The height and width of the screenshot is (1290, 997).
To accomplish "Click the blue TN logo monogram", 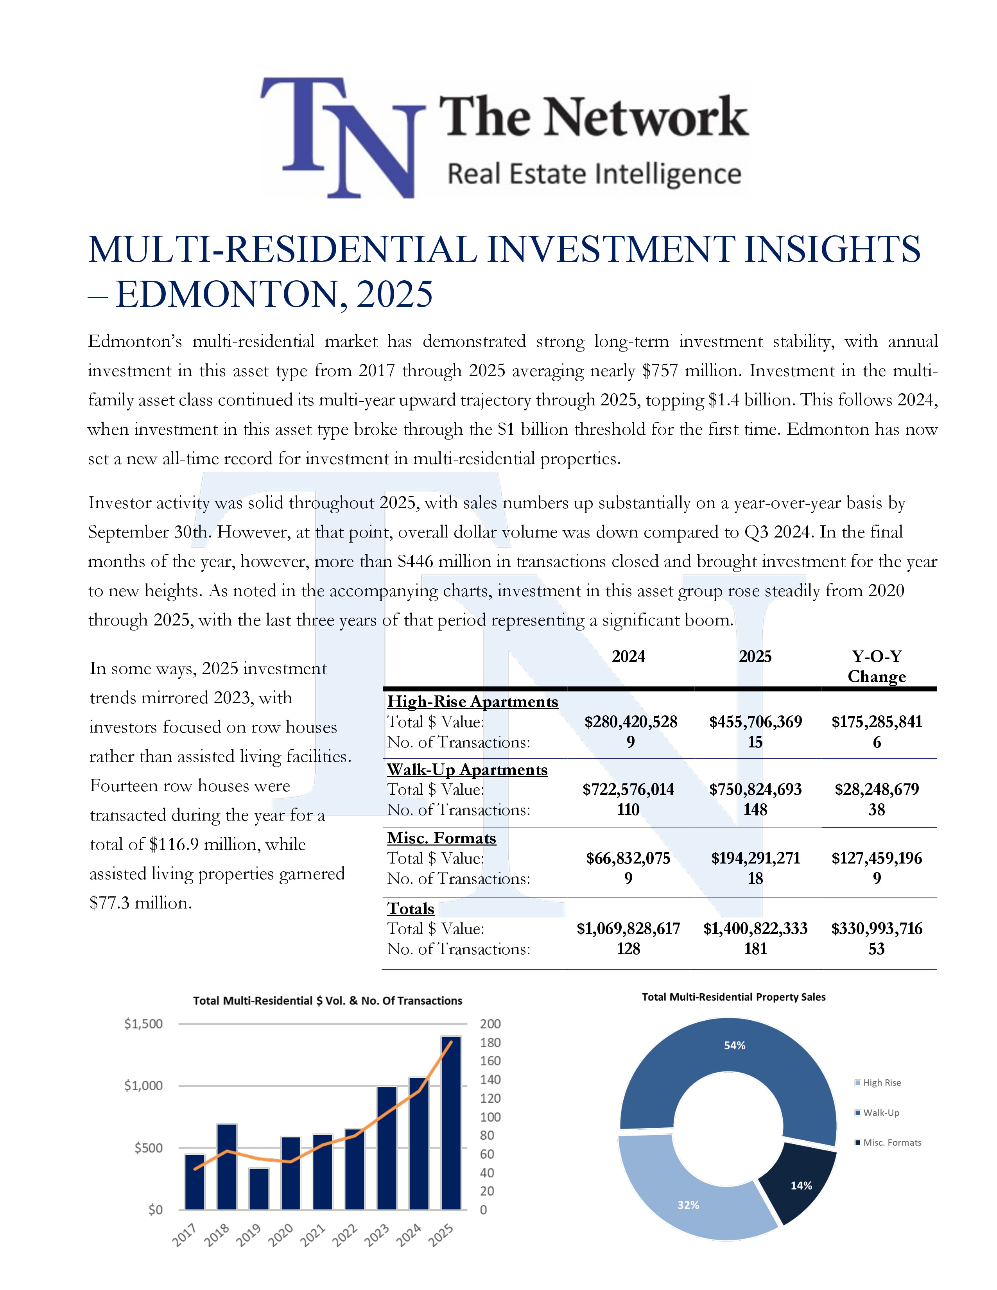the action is point(342,138).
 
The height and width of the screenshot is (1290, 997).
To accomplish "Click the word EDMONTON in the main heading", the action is point(231,294).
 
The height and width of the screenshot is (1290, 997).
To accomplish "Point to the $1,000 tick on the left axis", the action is point(143,1086).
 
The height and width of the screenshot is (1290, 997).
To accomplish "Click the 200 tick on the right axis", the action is point(490,1024).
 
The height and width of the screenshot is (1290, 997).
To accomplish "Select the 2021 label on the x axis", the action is point(314,1235).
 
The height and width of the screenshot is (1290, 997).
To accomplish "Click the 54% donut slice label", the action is point(735,1045).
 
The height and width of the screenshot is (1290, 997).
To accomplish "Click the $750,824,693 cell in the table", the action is point(755,790).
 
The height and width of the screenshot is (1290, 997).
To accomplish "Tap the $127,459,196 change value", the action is point(877,858).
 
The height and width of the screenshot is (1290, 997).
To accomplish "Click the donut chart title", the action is point(733,998).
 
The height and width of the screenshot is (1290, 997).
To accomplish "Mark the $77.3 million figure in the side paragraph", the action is point(141,903).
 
